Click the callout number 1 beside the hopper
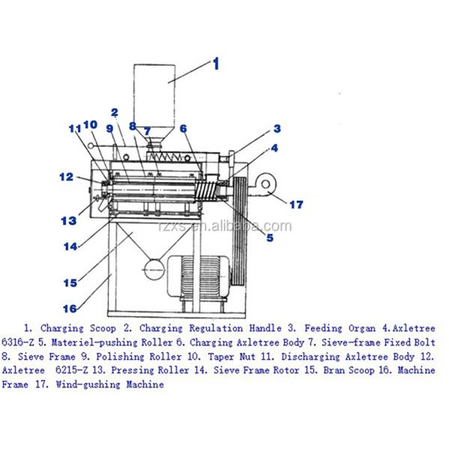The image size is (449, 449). pyautogui.click(x=216, y=64)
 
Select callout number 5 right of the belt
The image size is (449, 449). pyautogui.click(x=269, y=238)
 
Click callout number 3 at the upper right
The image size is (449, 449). pyautogui.click(x=277, y=128)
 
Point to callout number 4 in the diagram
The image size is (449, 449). pyautogui.click(x=274, y=148)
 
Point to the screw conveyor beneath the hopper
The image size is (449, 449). pyautogui.click(x=174, y=159)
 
